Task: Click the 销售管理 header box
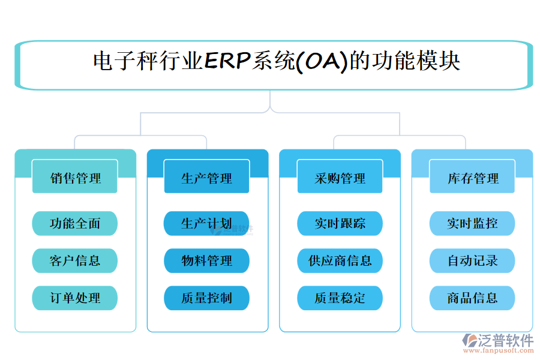(x=75, y=178)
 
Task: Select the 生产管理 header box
(x=207, y=178)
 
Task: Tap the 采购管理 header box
(x=340, y=178)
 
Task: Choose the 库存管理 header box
(x=472, y=178)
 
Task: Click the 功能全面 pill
(x=75, y=224)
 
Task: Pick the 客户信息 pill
(x=75, y=260)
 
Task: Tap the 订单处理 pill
(x=75, y=298)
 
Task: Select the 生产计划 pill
(x=207, y=224)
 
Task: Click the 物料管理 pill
(x=207, y=260)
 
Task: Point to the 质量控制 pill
(x=207, y=298)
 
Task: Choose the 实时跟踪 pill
(x=340, y=224)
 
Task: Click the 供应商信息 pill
(x=340, y=260)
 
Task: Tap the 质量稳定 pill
(x=340, y=298)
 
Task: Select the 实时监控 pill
(x=472, y=224)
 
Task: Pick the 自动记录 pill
(x=472, y=260)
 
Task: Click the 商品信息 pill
(x=472, y=298)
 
